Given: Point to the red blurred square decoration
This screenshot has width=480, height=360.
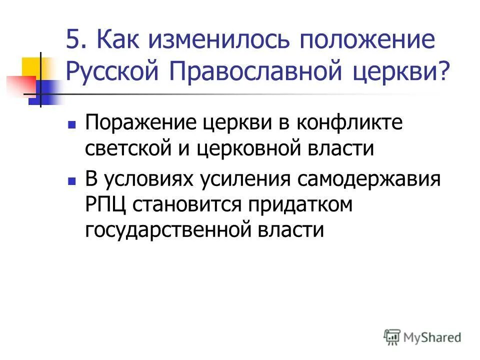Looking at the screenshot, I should click(x=20, y=85).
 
